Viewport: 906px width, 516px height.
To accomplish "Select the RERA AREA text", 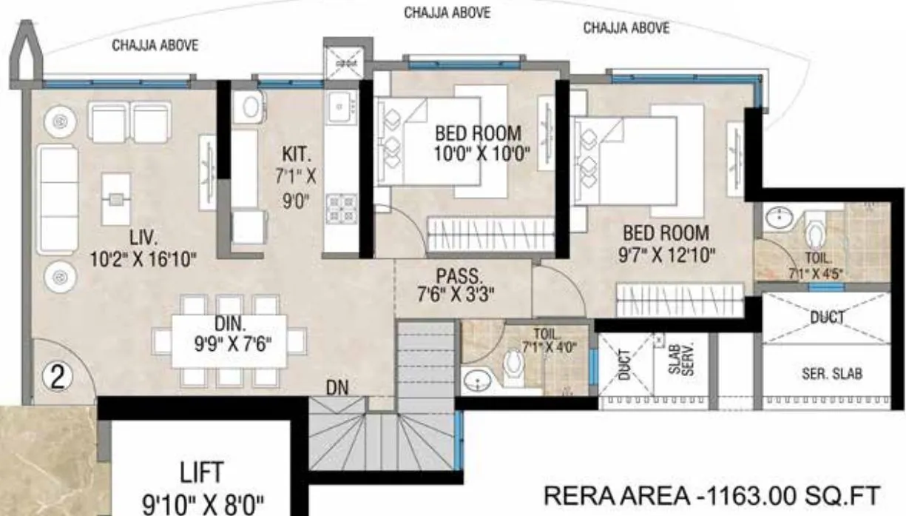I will [712, 494].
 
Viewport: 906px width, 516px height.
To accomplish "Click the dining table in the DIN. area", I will [229, 341].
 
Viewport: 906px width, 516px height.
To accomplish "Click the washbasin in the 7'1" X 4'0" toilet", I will [479, 381].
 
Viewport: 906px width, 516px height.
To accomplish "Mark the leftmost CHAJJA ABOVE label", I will [155, 46].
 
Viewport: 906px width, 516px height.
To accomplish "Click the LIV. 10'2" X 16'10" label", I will [142, 249].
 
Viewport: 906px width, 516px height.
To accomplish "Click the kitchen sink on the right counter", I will [341, 110].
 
